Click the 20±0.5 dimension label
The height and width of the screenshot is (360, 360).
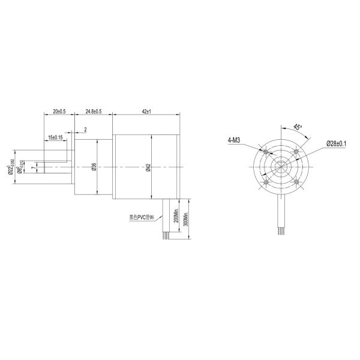coord(58,112)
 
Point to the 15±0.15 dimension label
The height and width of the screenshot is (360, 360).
coord(57,138)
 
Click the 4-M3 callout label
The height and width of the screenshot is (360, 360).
coord(235,141)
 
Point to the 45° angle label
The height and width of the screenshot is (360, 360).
coord(296,127)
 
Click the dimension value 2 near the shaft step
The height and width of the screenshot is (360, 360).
coord(86,129)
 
